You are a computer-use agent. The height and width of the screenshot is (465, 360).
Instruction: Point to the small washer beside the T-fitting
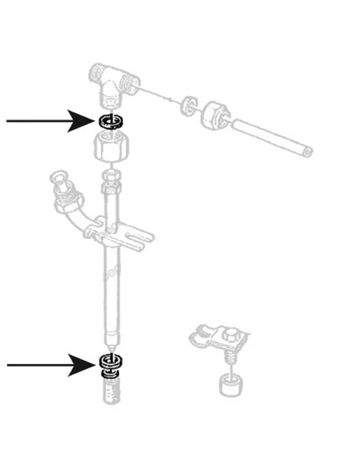pos(189,104)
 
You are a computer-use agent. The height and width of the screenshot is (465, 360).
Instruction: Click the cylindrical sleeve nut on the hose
pos(217,115)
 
